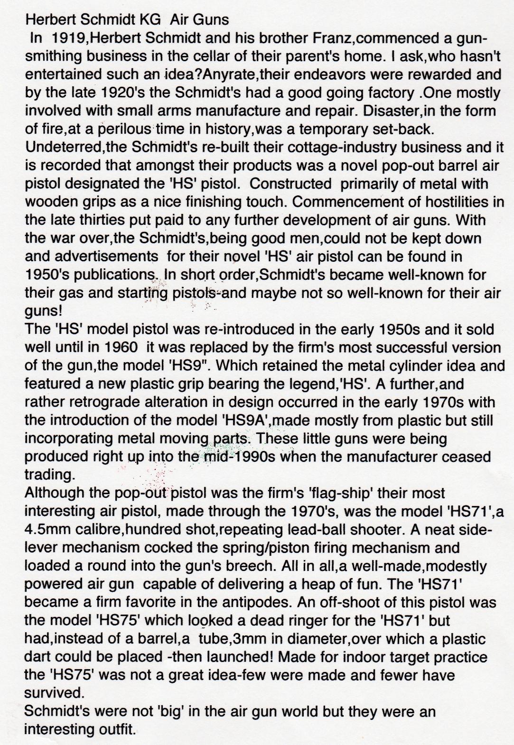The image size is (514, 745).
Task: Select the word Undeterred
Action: pyautogui.click(x=58, y=147)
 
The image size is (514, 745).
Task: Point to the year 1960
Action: pyautogui.click(x=105, y=348)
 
